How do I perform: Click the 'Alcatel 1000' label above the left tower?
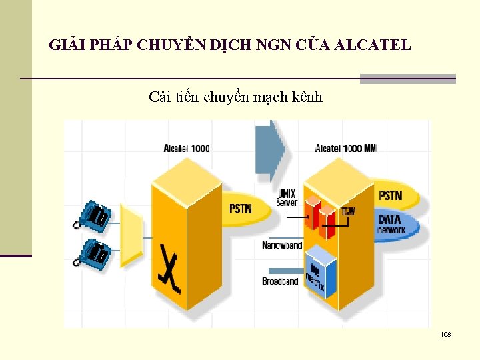(x=187, y=148)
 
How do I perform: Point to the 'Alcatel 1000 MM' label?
(x=345, y=148)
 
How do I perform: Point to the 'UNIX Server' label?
(x=287, y=198)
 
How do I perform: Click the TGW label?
(x=348, y=211)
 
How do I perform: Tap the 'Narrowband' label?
(x=282, y=246)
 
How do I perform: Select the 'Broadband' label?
(x=281, y=281)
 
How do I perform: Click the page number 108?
(x=445, y=333)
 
